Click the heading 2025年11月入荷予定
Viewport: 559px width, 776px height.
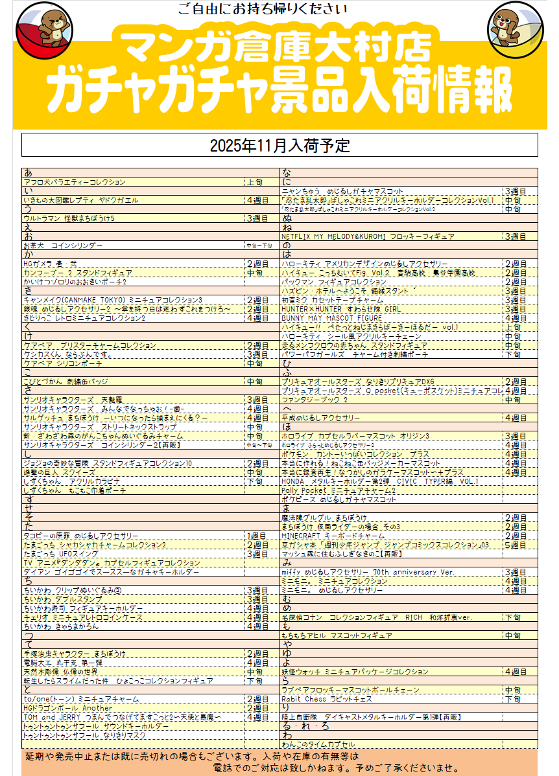tap(279, 145)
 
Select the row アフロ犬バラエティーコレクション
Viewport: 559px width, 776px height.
tap(75, 183)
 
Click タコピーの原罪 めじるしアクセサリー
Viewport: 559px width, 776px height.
tap(81, 536)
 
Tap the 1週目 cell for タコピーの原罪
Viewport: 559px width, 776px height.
tap(257, 536)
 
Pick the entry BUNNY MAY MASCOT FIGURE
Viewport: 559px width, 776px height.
tap(331, 319)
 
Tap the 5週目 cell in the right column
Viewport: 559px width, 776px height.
tap(515, 545)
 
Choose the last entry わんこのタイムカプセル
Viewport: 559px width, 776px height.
tap(318, 745)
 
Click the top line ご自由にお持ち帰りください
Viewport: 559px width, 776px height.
tap(262, 9)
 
